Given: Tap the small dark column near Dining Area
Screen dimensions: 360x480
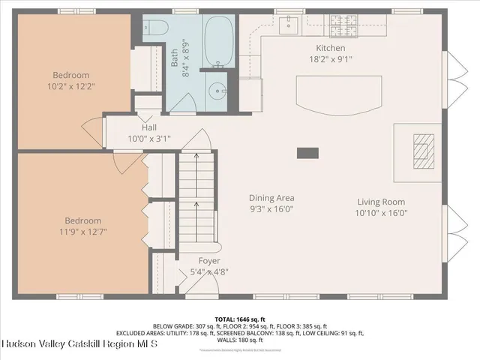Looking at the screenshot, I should pyautogui.click(x=307, y=153).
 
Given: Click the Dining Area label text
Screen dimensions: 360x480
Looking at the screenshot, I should pyautogui.click(x=271, y=198).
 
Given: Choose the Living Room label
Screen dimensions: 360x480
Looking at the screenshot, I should pyautogui.click(x=382, y=202).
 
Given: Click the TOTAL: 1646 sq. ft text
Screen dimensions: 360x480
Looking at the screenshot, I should pyautogui.click(x=239, y=319).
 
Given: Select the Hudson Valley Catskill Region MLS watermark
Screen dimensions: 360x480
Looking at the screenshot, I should pyautogui.click(x=79, y=344).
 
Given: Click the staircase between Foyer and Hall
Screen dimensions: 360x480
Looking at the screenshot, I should pyautogui.click(x=196, y=199).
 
